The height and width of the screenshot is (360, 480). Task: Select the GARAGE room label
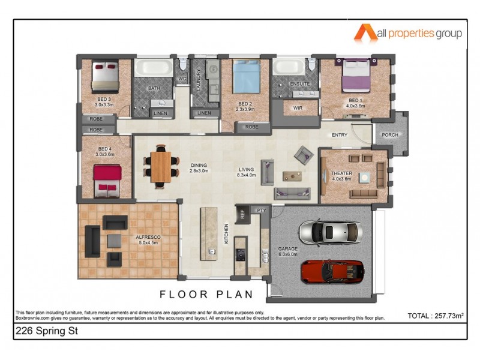click(288, 249)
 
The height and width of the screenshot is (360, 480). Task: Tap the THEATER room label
click(341, 174)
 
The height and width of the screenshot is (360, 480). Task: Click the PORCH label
click(390, 135)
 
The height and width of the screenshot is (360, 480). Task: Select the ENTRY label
click(340, 135)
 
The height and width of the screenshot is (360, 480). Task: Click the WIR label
click(298, 109)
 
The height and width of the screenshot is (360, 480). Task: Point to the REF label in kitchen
click(242, 212)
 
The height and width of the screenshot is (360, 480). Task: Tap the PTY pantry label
click(261, 210)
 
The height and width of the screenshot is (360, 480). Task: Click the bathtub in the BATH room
click(154, 68)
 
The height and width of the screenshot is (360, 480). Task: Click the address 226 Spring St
click(44, 331)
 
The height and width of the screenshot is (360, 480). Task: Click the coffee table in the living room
click(292, 176)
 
